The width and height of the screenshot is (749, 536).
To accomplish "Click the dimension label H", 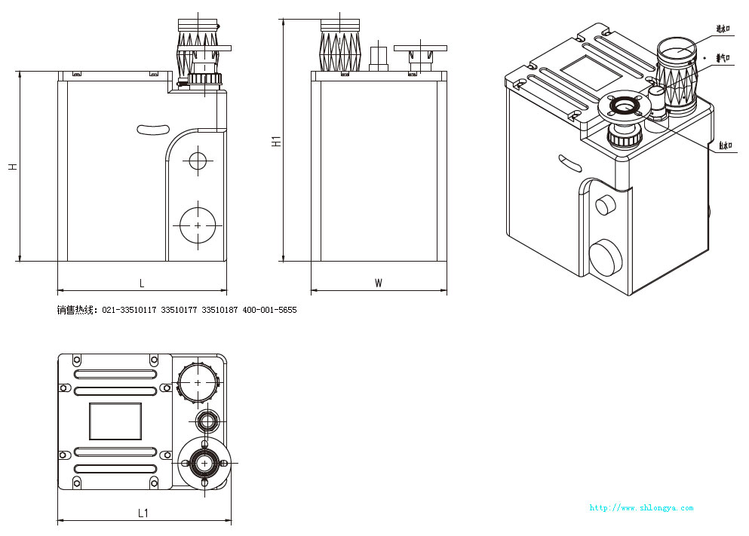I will point(13,166).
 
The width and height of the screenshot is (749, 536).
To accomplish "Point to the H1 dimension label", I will point(277,139).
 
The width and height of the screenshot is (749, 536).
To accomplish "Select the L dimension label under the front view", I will point(142,283).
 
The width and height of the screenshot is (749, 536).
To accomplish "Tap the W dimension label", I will point(379,283).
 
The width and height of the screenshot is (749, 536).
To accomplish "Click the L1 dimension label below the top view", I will point(143,513).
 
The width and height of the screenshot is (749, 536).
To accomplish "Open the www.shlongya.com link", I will point(640,507).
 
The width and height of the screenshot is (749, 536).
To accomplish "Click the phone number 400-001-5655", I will point(269,310).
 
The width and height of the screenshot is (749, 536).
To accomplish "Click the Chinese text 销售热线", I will point(76,310).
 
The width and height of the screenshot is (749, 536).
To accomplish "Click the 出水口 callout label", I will point(726,146).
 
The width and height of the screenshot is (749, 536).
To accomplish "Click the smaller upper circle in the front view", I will point(198,161).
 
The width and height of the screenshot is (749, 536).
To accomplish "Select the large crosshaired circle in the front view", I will point(198,225).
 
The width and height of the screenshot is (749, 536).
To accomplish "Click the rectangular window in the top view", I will point(115,421).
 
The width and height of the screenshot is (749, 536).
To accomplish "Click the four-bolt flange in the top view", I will point(204,462).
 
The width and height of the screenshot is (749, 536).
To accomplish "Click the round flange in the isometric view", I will point(624,108).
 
